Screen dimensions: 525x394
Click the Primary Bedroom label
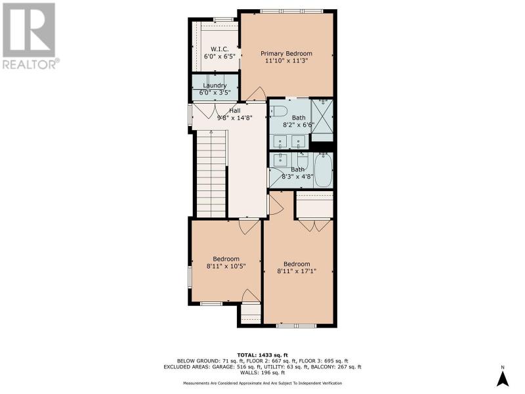286,53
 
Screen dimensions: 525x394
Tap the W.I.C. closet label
220,49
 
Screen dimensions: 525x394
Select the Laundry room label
215,85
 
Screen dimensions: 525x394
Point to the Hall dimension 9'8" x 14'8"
234,118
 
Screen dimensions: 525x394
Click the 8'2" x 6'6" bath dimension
299,125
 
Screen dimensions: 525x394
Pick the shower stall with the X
322,116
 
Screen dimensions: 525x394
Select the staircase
211,174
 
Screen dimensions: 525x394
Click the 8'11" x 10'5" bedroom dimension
226,267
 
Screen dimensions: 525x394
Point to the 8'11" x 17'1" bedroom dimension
297,271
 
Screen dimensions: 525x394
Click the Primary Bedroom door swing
257,94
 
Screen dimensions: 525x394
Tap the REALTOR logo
30,36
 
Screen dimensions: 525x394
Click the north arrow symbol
503,379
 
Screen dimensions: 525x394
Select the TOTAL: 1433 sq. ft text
262,355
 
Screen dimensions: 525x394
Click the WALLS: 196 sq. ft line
262,372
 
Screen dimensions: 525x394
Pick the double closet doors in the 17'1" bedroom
315,225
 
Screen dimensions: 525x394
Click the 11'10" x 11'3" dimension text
286,61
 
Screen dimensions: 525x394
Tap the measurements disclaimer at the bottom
262,383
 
